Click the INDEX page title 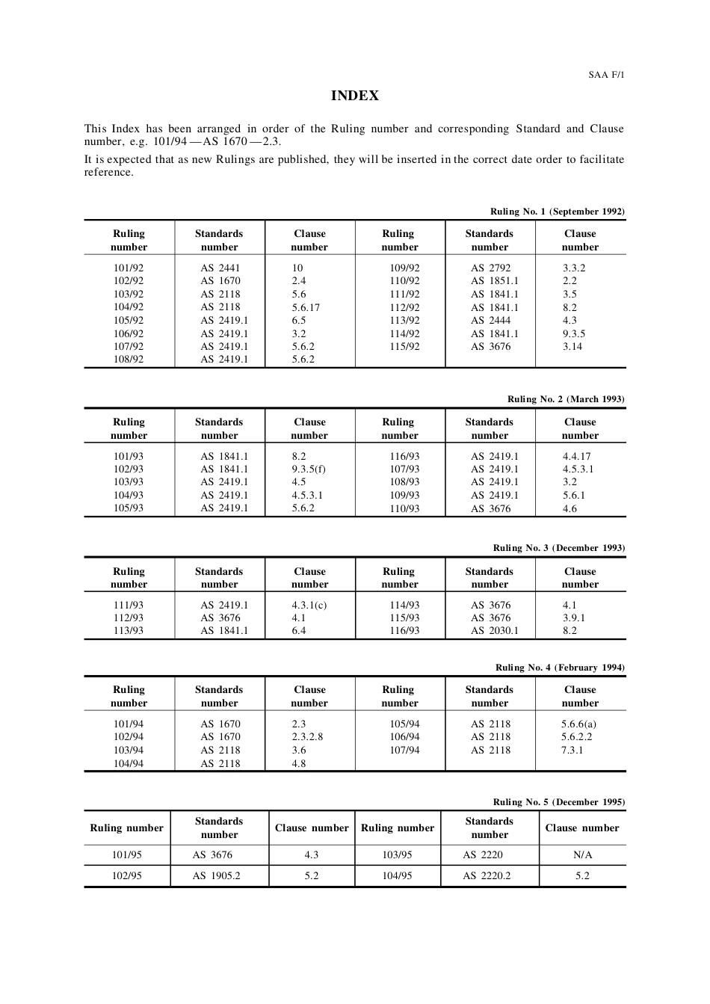(355, 96)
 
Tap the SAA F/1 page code (606, 75)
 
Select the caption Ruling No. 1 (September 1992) (557, 212)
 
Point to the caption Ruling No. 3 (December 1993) (558, 548)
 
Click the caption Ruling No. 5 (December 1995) (558, 802)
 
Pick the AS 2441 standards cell (220, 268)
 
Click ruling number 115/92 (404, 346)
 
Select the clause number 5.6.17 (306, 307)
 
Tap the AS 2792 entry (490, 268)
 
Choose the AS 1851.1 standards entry (494, 281)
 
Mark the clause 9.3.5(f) (309, 469)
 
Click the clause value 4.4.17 (576, 456)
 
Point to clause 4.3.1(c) (309, 605)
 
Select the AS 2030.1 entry (494, 630)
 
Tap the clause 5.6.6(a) (578, 724)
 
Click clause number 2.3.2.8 (307, 736)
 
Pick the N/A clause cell (582, 854)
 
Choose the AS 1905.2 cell (216, 875)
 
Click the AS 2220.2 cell (487, 875)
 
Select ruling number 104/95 (397, 875)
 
